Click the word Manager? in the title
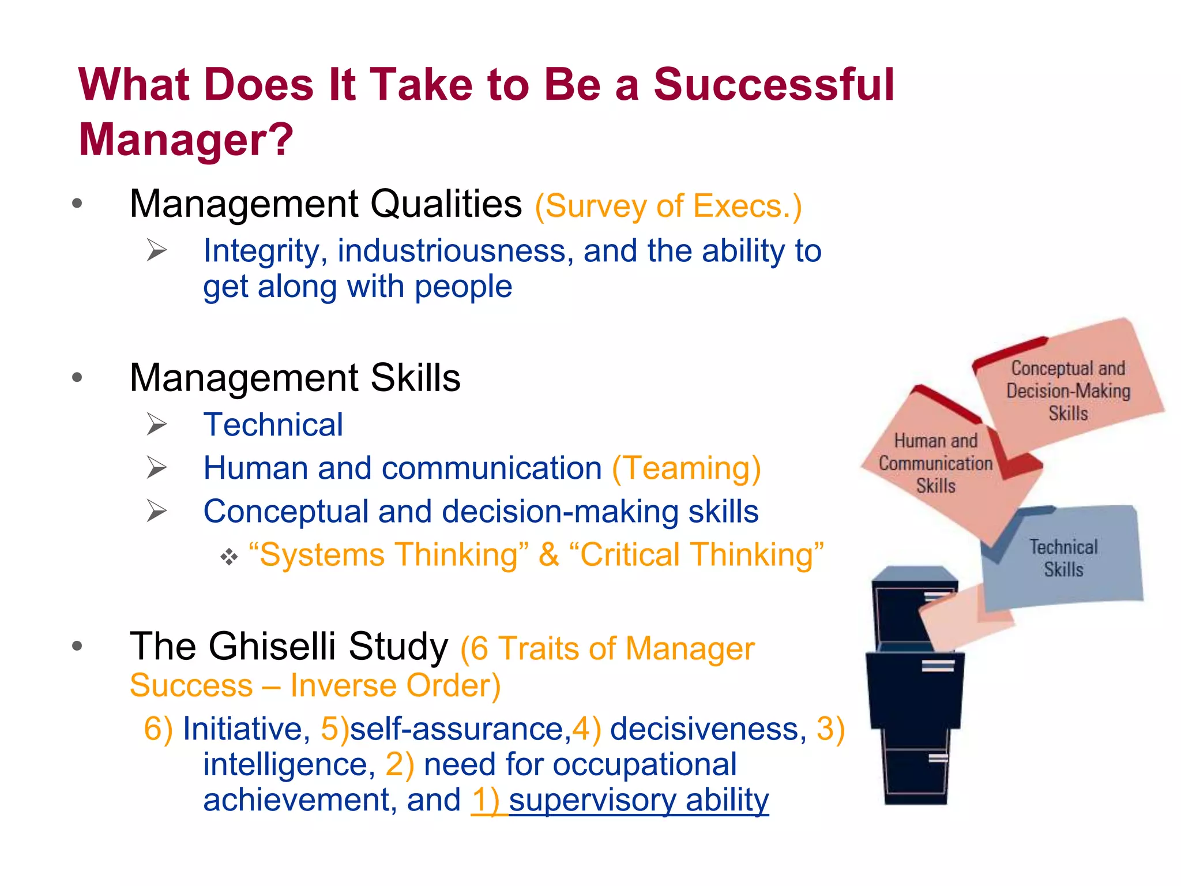186,140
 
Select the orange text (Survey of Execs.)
668,206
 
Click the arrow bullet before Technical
156,425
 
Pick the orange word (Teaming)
686,468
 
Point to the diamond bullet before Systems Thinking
229,557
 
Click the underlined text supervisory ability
638,800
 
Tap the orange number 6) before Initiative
158,729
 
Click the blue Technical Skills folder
1063,558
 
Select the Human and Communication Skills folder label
935,464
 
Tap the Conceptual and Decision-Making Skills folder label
1068,391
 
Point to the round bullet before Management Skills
77,378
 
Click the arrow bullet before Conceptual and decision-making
156,511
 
